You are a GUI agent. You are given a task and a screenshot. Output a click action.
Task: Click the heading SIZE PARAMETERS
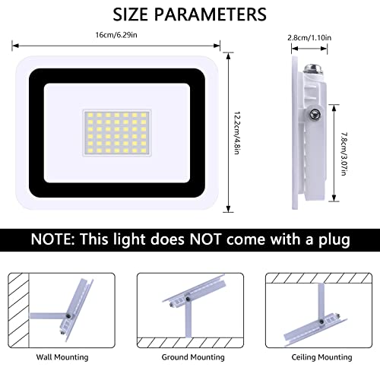(x=189, y=14)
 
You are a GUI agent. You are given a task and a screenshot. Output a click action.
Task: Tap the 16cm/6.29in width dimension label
(x=117, y=35)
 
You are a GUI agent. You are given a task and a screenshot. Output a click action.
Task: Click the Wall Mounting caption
(x=63, y=356)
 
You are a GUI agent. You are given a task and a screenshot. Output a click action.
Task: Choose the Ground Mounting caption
(x=190, y=356)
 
